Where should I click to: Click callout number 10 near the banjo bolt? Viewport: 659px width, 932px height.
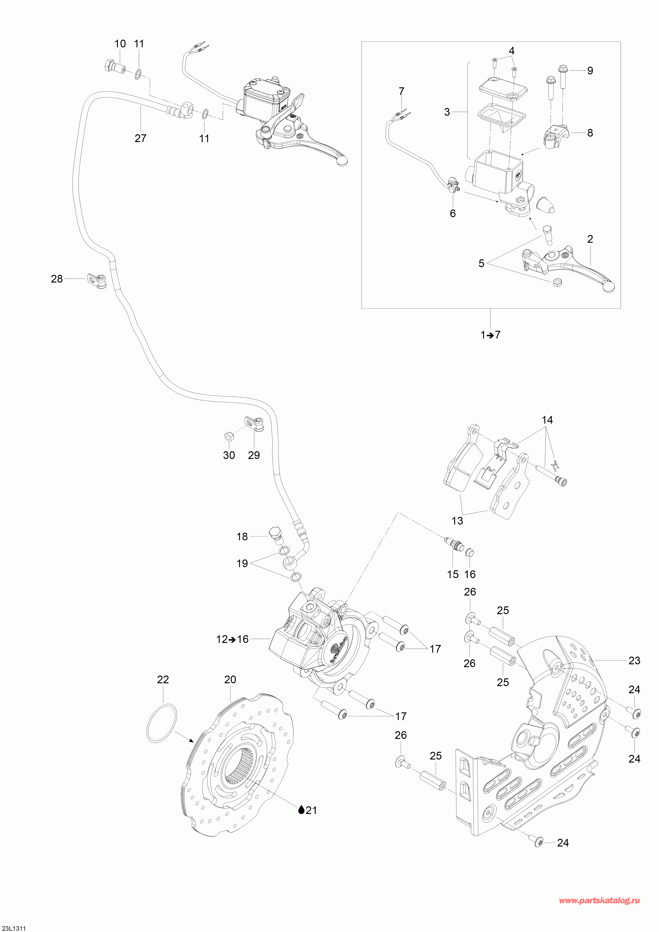point(120,44)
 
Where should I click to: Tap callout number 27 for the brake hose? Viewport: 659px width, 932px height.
point(140,138)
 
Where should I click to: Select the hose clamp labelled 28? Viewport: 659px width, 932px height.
point(97,281)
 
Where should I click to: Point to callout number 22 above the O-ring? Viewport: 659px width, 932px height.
point(163,680)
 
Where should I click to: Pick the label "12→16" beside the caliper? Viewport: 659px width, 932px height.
point(232,639)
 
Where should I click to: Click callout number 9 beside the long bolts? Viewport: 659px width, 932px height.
point(590,71)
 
